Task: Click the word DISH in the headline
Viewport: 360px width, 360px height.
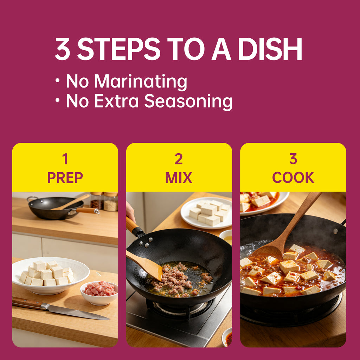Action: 270,49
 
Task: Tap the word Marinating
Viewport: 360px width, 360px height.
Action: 141,82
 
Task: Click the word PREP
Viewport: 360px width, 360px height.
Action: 65,178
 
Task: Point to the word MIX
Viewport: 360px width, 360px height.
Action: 179,178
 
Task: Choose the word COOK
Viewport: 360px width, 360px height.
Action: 293,178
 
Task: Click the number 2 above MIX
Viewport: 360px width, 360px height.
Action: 179,159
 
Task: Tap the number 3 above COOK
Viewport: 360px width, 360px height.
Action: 293,159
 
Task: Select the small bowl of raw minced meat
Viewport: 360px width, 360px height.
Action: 99,293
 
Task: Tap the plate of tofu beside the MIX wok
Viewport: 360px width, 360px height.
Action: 206,213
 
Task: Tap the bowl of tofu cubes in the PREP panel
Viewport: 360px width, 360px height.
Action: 51,276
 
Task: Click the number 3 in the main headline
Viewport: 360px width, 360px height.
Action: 63,49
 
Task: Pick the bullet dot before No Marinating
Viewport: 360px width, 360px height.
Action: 57,81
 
